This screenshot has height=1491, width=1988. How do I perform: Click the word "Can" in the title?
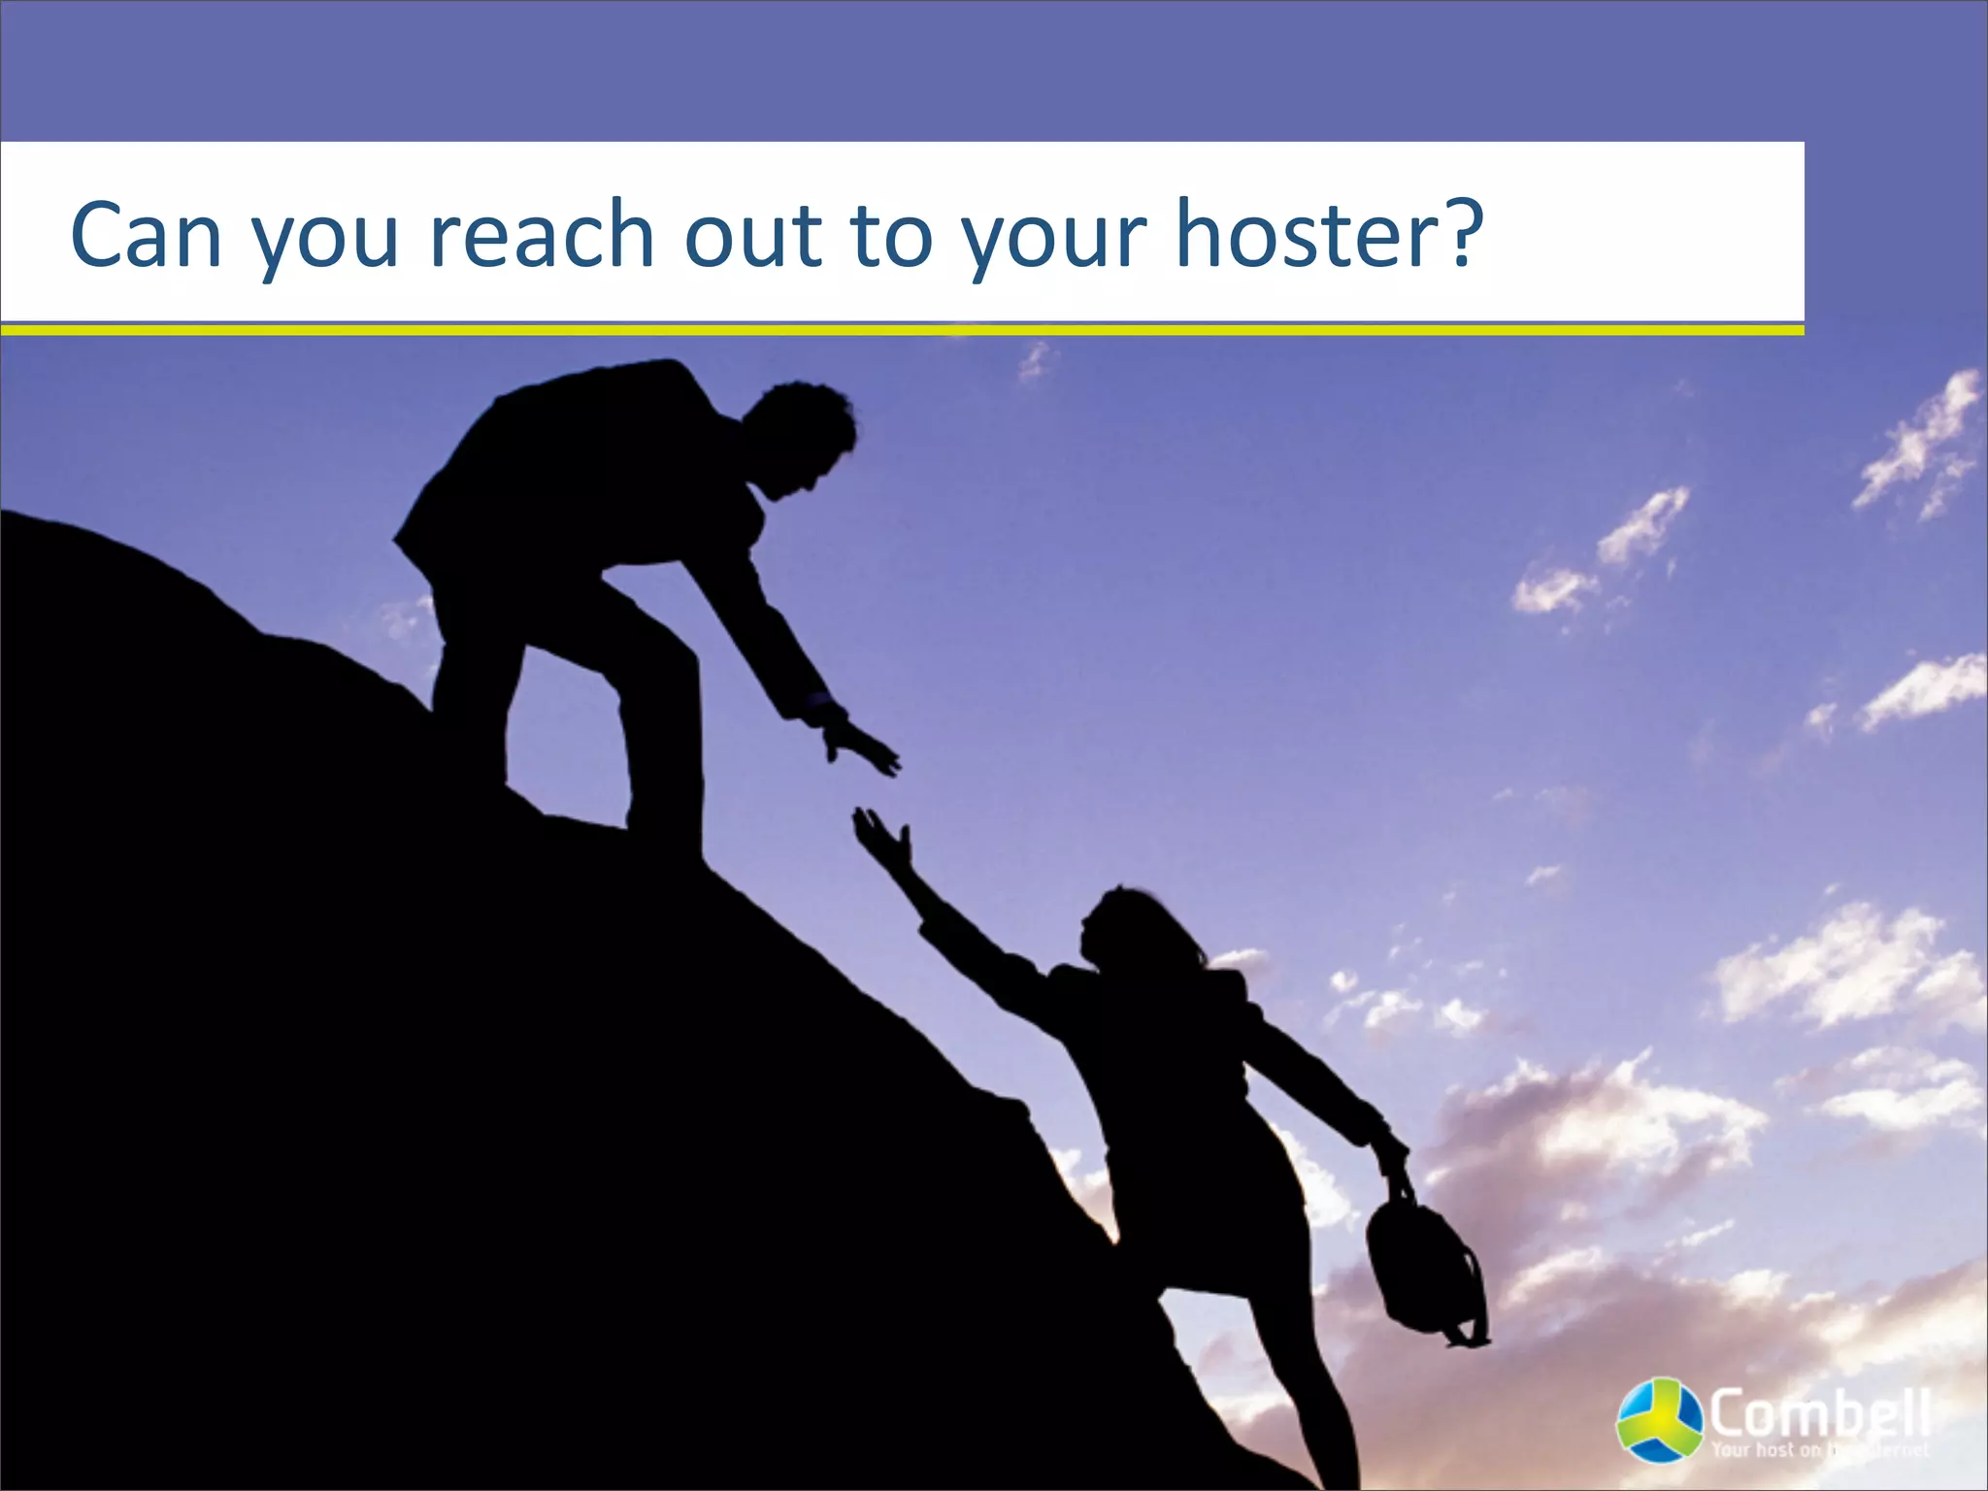click(147, 235)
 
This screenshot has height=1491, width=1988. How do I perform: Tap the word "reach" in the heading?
click(542, 235)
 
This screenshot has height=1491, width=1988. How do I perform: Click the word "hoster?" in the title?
click(1330, 235)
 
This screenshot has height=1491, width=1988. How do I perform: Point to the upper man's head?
click(802, 437)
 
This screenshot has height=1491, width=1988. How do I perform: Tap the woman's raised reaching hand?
click(881, 837)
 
